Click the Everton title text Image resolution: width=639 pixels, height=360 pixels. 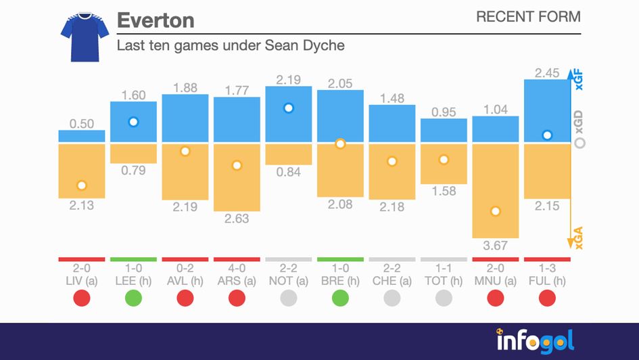[156, 20]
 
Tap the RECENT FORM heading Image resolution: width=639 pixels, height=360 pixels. [528, 17]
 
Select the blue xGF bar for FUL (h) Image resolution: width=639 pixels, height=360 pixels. [547, 111]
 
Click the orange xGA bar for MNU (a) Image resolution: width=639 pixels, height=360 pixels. [495, 191]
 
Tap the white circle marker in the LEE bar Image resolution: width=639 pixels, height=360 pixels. [133, 122]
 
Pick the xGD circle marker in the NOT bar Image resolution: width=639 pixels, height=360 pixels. [289, 108]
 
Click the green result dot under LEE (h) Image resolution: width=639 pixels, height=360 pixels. [133, 298]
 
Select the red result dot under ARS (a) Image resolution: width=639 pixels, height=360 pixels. [237, 298]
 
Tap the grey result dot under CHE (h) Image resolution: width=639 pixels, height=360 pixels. [392, 298]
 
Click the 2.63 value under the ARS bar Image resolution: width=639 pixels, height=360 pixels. [237, 218]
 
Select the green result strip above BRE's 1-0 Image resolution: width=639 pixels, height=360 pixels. [340, 259]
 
